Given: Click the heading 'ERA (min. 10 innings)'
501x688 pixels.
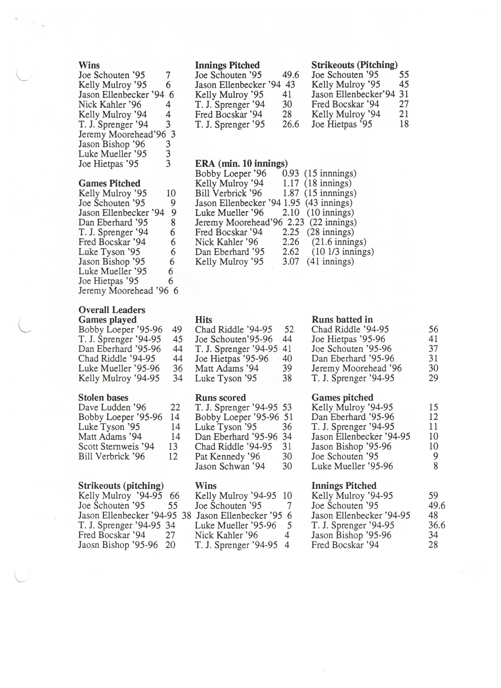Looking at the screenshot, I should [241, 164].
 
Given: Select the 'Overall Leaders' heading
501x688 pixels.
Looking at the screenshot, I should [112, 310].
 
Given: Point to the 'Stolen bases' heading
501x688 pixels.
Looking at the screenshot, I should [103, 397].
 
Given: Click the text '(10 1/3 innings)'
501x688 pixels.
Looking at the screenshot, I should [343, 252].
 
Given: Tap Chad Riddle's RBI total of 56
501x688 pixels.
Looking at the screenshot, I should [433, 329].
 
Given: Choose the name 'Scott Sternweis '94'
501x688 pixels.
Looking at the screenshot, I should [116, 447].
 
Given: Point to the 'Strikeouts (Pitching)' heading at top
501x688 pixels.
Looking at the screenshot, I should [354, 65].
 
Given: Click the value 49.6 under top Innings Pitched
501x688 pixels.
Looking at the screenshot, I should [290, 75].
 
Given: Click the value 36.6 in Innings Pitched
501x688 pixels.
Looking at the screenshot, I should [437, 525].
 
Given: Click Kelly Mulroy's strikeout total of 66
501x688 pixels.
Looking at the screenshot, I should [175, 496].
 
